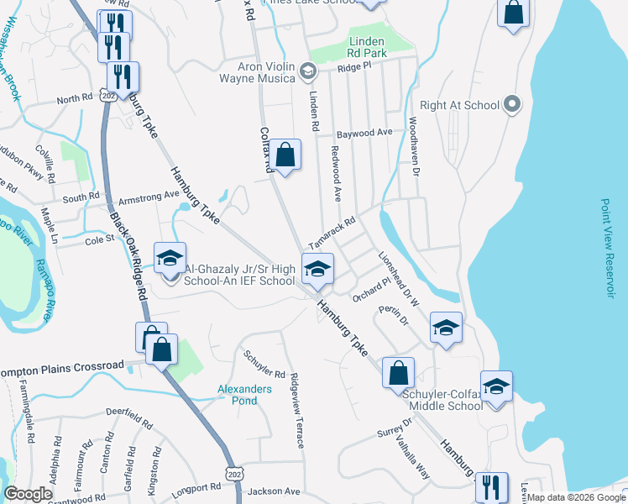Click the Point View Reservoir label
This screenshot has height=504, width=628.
pos(609,247)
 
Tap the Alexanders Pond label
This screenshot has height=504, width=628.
pos(244,395)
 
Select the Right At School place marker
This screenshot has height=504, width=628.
pos(513,105)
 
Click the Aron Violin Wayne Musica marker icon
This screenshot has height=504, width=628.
pos(307,72)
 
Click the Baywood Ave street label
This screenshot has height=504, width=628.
pos(364,134)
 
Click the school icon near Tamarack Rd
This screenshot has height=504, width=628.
pos(317,270)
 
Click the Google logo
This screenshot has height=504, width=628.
pos(28,494)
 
